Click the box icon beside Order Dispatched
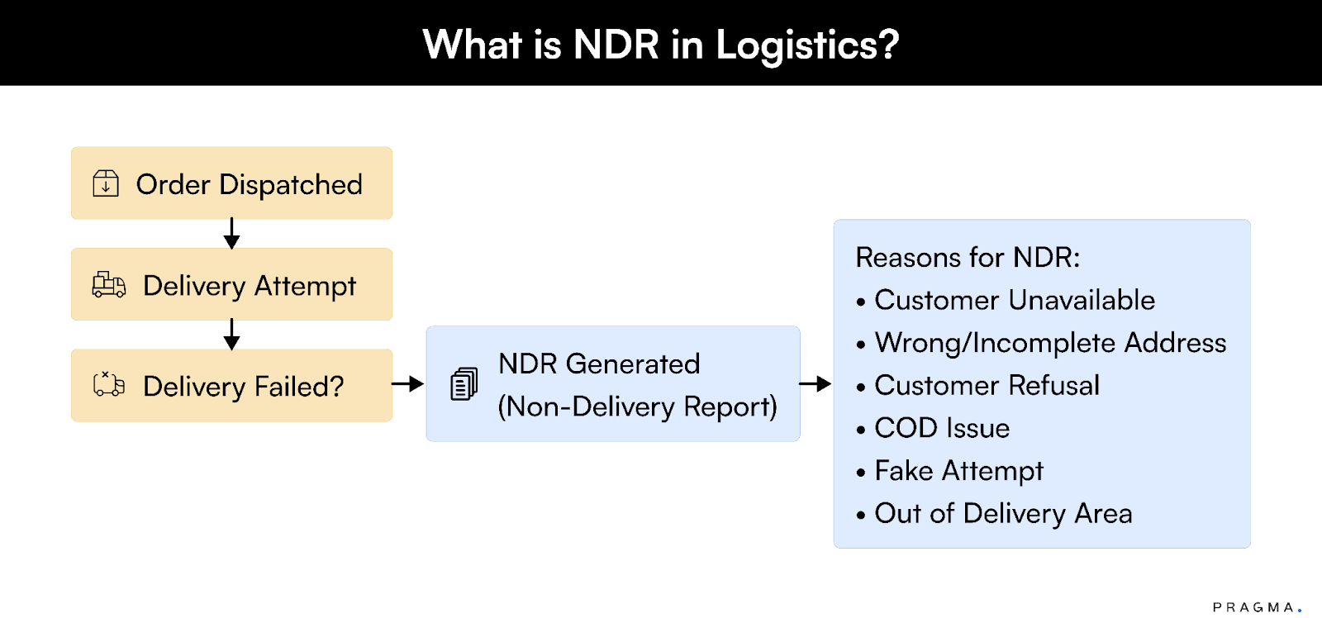pos(106,183)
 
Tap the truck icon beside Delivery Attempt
pos(109,285)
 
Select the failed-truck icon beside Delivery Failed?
pos(109,385)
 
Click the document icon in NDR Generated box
pos(464,384)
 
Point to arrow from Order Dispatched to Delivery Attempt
pos(231,233)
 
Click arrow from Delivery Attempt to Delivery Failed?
pos(231,334)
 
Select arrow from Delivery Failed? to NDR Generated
pos(407,383)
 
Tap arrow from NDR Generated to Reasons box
pos(816,383)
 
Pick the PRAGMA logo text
pos(1254,607)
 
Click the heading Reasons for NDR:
pos(968,258)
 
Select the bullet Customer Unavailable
pos(1014,300)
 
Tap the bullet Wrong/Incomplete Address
pos(1049,343)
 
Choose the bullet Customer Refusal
pos(987,385)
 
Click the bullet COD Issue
pos(942,428)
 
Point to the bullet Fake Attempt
pos(958,471)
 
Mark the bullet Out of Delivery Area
pos(1002,513)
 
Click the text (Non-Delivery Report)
pos(637,406)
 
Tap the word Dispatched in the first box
pos(290,185)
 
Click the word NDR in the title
pos(616,45)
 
